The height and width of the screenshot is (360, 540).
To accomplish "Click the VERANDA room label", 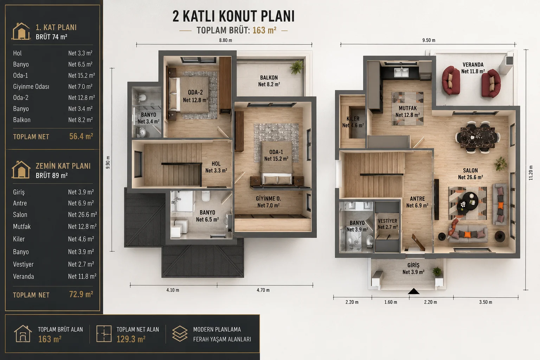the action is tap(473, 65).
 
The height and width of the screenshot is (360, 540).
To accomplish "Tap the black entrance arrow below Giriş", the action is tap(413, 291).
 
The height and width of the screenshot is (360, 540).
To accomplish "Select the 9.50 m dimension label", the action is tap(429, 40).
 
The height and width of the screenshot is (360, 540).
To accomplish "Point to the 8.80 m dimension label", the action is tap(225, 40).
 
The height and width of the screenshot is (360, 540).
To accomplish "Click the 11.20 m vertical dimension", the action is tap(531, 173).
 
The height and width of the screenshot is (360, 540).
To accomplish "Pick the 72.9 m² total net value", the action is tap(81, 294).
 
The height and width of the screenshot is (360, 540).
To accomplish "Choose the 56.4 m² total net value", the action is tap(81, 136).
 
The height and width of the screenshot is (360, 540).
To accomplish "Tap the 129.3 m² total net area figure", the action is tap(131, 339).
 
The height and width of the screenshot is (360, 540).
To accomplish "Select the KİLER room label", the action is tap(353, 118).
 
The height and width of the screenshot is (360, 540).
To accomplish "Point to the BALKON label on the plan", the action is tap(269, 78).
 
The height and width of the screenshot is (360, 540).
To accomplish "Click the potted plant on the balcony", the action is tap(297, 66).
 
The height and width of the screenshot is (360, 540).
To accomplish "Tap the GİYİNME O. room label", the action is tap(268, 199).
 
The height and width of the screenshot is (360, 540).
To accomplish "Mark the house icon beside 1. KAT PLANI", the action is tap(21, 31).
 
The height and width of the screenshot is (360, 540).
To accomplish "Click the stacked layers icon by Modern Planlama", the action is tap(180, 334).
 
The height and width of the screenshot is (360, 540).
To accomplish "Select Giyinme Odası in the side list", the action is tap(31, 86).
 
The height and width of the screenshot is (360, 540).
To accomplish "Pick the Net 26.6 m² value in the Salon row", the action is tap(83, 214).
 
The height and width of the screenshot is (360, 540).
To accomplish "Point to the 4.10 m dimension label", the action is tap(173, 290).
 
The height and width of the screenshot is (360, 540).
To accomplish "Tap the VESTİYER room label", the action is tap(387, 221).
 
